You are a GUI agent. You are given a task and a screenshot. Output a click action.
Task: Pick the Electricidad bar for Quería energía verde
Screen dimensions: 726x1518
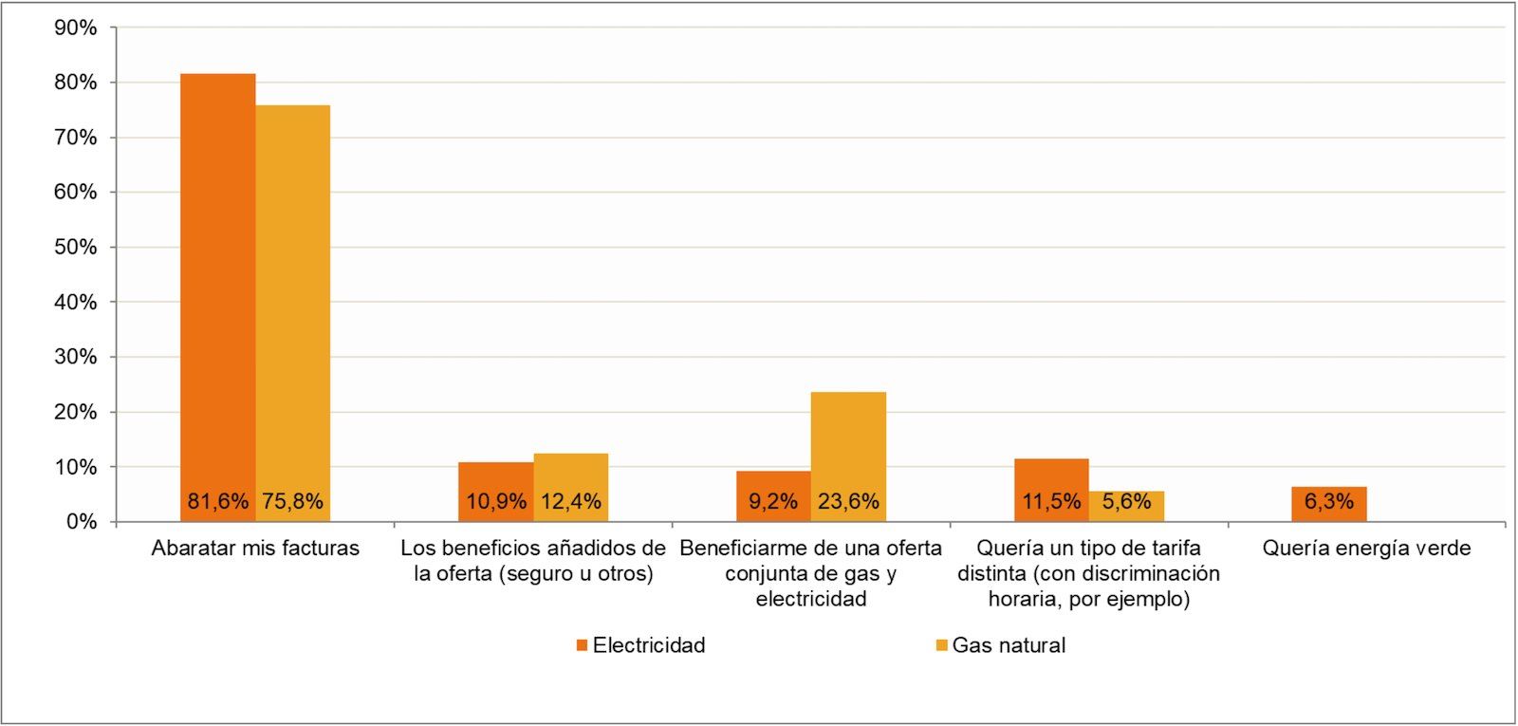(x=1328, y=503)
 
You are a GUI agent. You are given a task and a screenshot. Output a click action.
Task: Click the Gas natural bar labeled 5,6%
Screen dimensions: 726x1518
(x=1126, y=505)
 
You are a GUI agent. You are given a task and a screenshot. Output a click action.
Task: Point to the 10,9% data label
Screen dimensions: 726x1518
(x=495, y=502)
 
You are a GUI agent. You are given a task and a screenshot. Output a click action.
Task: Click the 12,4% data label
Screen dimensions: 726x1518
(x=570, y=502)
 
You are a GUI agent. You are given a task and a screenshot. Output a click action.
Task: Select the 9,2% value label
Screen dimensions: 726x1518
(x=772, y=502)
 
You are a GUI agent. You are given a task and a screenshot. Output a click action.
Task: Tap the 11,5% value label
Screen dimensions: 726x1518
(x=1050, y=502)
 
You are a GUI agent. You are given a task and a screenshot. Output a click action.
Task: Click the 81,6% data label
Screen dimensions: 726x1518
(x=217, y=502)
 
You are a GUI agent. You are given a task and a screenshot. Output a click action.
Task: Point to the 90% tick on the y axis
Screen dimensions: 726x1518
(x=76, y=28)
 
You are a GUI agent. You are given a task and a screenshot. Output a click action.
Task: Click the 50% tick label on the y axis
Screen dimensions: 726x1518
(x=76, y=248)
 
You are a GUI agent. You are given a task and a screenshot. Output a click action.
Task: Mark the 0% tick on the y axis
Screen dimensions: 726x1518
(x=82, y=522)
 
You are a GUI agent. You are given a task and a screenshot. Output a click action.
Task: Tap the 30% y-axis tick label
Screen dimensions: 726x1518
(x=76, y=358)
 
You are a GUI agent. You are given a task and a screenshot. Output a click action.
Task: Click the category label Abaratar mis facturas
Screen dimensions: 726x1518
(x=255, y=549)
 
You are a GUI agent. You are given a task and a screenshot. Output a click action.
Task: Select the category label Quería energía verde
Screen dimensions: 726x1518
(x=1366, y=549)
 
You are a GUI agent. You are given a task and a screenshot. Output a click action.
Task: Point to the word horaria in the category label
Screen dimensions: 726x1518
(x=1021, y=600)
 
